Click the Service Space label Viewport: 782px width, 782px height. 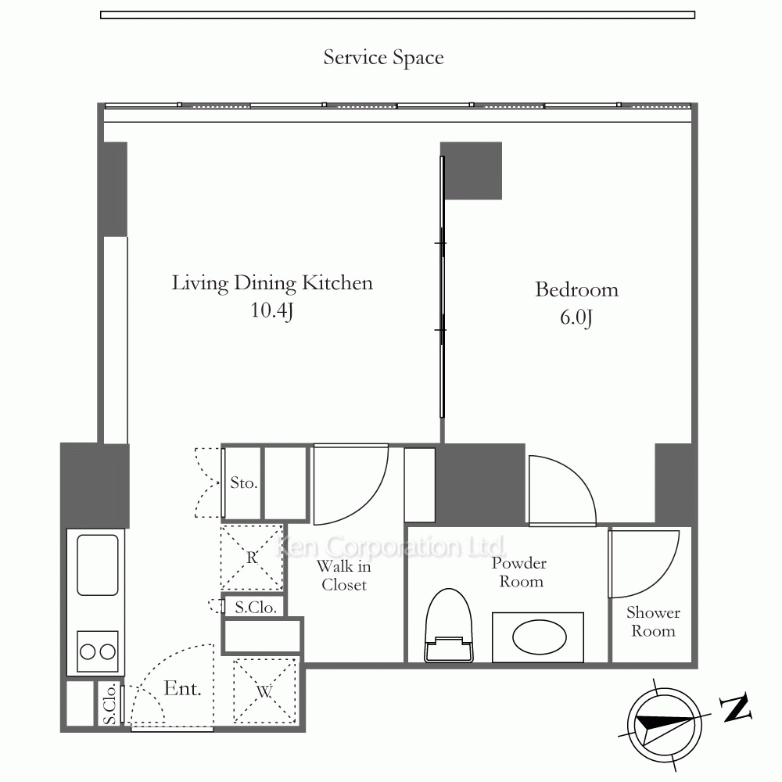tap(383, 58)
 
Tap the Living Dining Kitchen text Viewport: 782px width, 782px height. tap(272, 283)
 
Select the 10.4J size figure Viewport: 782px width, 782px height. tap(272, 310)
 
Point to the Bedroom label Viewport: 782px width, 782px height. tap(576, 290)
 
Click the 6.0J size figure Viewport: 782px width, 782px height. tap(576, 317)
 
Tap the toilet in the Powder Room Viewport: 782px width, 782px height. tap(448, 626)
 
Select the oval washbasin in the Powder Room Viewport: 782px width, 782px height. tap(539, 637)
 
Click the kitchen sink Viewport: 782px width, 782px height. tap(97, 565)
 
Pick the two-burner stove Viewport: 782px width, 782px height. tap(97, 651)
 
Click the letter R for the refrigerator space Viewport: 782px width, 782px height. tap(252, 557)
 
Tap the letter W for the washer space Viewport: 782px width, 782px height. tap(264, 691)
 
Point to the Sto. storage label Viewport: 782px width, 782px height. tap(244, 482)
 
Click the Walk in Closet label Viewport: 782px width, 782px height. tap(344, 576)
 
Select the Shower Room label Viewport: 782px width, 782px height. tap(653, 622)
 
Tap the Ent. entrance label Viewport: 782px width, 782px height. tap(182, 688)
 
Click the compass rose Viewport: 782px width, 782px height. tap(664, 725)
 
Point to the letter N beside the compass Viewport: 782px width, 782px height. tap(736, 708)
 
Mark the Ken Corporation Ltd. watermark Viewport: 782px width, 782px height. tap(390, 547)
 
